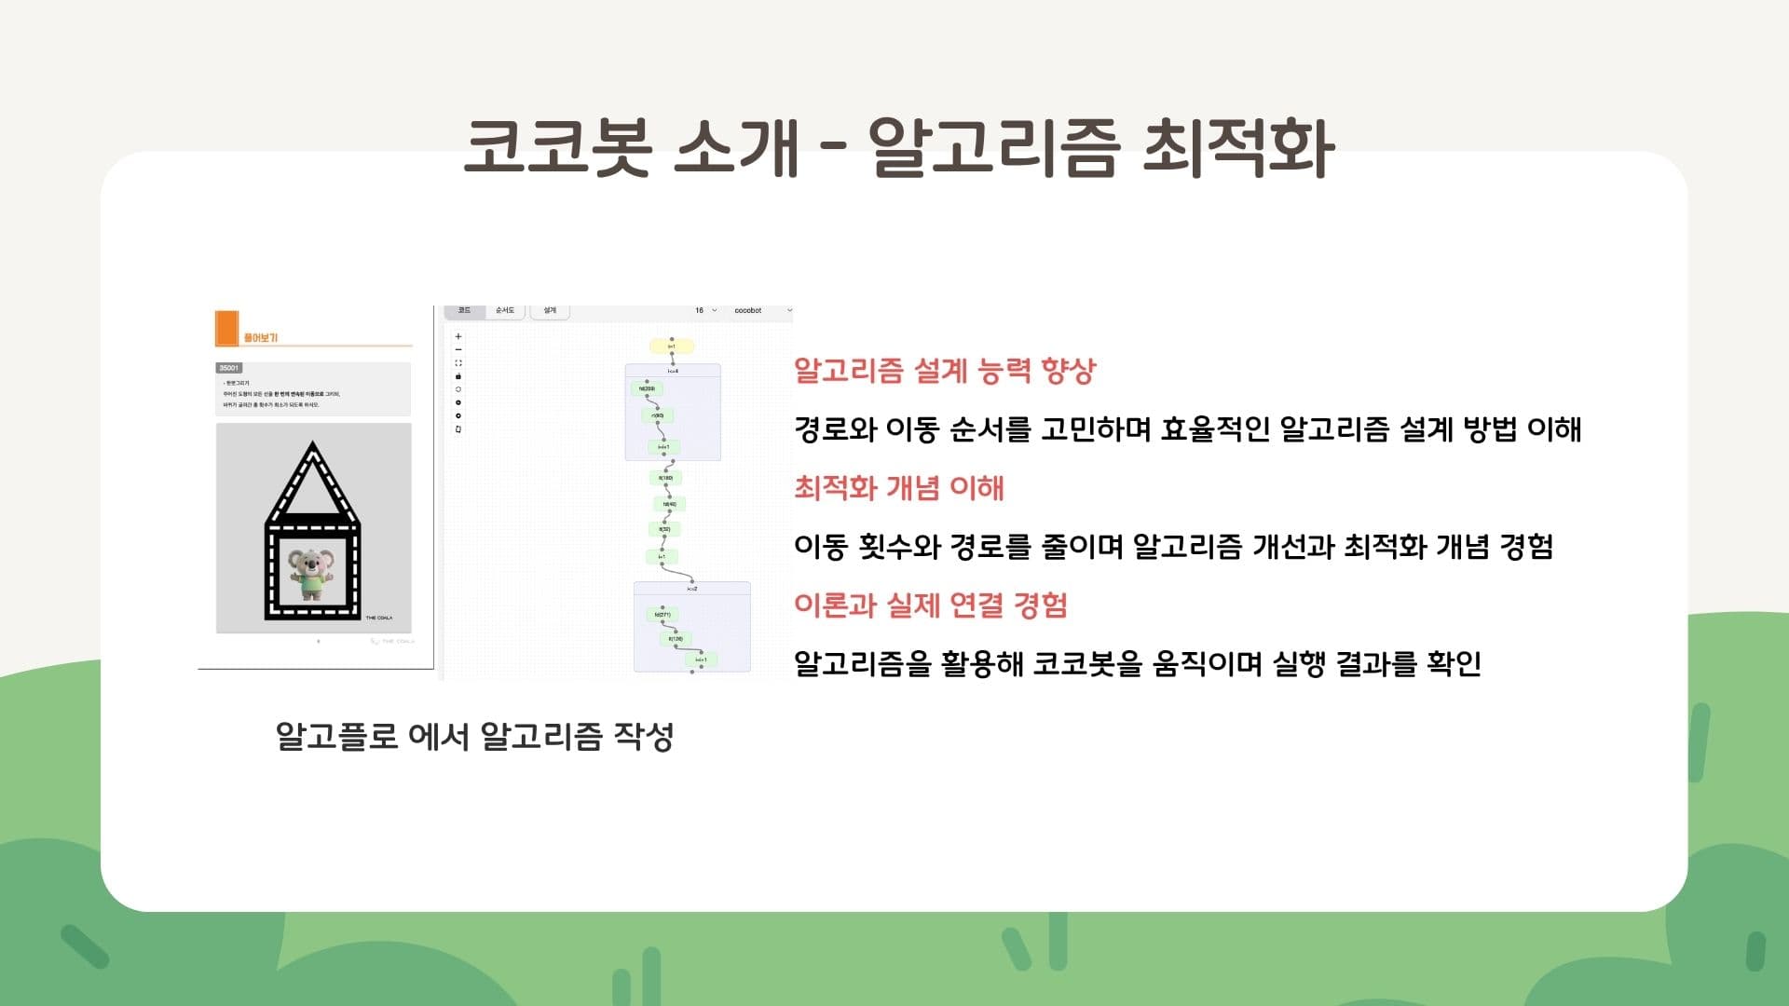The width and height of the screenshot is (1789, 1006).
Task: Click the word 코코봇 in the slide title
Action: click(556, 147)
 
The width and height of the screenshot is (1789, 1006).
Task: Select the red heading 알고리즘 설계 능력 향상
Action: click(945, 371)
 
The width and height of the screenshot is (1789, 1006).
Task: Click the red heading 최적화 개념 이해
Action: click(898, 488)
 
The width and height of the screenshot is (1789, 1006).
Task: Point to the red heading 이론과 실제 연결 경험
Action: click(930, 605)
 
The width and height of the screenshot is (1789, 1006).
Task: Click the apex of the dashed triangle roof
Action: click(313, 448)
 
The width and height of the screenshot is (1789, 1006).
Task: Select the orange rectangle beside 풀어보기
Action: click(226, 327)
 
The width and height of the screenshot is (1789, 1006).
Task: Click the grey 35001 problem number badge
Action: click(229, 368)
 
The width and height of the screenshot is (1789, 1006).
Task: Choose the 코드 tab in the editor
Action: click(464, 310)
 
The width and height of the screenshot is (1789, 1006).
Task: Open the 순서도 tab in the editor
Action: click(505, 310)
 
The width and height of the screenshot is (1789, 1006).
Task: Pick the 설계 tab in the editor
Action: click(550, 310)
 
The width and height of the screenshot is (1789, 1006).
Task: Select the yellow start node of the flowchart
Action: click(671, 347)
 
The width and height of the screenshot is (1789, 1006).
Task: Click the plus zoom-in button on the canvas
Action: click(457, 336)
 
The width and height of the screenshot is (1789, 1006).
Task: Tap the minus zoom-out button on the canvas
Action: click(457, 349)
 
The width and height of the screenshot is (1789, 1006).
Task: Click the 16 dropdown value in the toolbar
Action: click(704, 310)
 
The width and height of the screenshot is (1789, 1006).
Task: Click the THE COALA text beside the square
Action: click(378, 618)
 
